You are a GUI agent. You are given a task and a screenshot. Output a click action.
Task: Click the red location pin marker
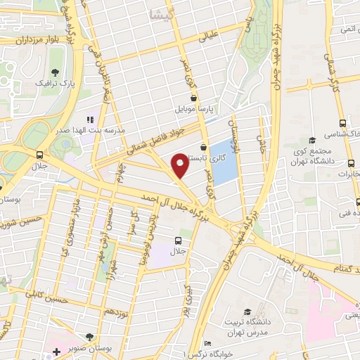180,166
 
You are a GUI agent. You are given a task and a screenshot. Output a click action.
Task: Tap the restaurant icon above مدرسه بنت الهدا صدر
89,120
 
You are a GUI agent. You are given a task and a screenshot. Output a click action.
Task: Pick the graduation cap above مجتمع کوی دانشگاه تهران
312,141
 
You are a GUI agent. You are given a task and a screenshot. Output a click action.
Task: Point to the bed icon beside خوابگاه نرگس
207,344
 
